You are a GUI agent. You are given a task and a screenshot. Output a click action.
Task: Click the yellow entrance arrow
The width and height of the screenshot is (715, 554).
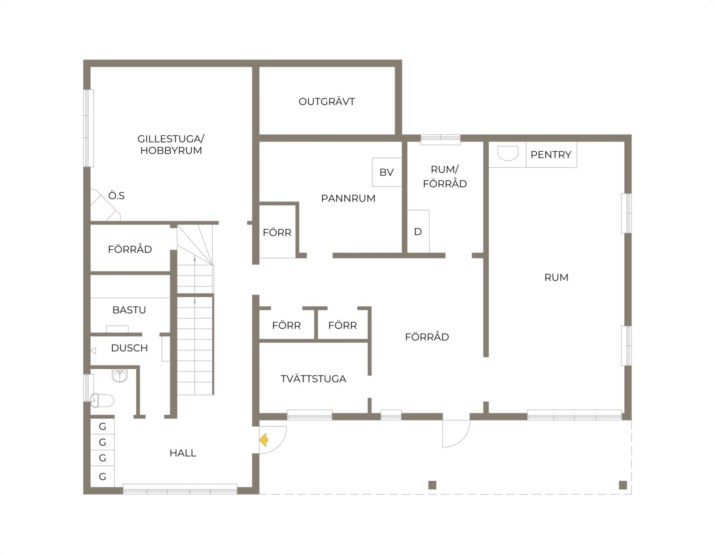(x=264, y=440)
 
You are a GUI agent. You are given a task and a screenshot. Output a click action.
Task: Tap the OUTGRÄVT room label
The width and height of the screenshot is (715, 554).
(x=327, y=101)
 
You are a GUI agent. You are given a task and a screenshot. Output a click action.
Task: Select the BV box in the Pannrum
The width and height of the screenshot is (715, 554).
(x=387, y=172)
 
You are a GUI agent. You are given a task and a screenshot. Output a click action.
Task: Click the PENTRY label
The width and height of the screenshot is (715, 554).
(x=551, y=154)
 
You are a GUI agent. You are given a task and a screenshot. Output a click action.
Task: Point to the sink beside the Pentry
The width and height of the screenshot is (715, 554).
(x=508, y=154)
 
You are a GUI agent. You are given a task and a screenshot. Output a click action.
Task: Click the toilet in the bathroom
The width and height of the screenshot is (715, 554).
(x=102, y=400)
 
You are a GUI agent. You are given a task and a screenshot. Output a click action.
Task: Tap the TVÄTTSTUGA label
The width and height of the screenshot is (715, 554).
(x=313, y=379)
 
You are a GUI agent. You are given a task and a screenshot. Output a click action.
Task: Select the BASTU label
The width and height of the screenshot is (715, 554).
(x=129, y=310)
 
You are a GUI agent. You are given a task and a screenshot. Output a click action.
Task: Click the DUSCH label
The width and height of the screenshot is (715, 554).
(x=129, y=348)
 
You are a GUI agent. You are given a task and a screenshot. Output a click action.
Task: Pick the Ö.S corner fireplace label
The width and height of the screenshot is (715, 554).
(x=117, y=196)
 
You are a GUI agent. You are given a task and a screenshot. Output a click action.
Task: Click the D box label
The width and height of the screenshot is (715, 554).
(x=418, y=232)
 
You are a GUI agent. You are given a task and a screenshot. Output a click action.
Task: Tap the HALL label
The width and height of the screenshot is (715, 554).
(x=183, y=453)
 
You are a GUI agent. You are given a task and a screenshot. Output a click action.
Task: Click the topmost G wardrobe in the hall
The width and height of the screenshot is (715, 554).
(x=102, y=426)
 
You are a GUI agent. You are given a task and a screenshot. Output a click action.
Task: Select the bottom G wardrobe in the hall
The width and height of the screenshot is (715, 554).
(x=102, y=476)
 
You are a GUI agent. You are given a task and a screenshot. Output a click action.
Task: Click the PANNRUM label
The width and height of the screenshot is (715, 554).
(x=348, y=199)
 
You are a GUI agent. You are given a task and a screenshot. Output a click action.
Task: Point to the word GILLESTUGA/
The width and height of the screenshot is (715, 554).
(x=171, y=139)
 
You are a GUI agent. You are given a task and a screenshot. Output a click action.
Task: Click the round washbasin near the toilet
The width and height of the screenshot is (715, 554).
(x=119, y=375)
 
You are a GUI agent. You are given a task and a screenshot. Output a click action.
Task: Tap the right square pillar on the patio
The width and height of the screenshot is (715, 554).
(x=623, y=485)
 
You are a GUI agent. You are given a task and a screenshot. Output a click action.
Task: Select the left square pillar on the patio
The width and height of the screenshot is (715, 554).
(x=433, y=485)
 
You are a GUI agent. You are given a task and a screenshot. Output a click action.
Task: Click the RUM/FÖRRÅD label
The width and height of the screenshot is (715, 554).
(x=445, y=176)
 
